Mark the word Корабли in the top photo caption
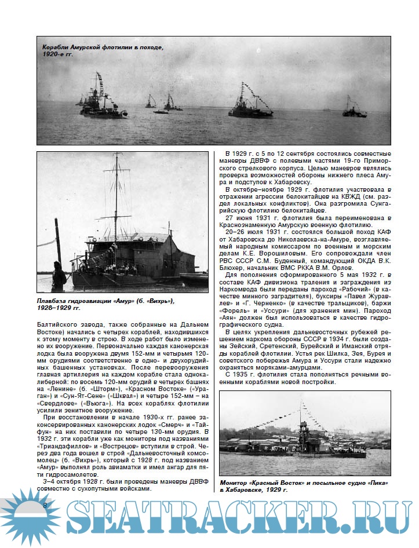(x=57, y=46)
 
